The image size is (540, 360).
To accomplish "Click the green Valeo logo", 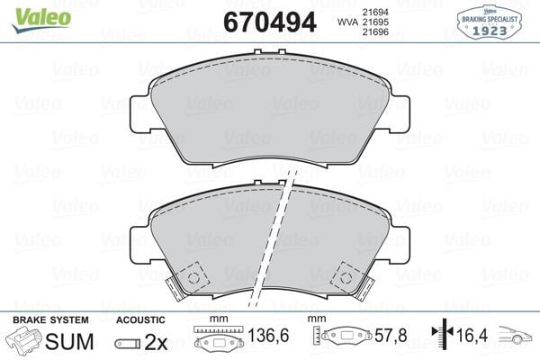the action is tap(41, 20).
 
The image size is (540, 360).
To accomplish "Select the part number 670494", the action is tap(270, 22).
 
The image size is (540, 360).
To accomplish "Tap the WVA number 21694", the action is tap(375, 12).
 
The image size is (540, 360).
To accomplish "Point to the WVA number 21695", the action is tap(375, 22).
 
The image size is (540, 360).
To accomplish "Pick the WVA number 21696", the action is tap(375, 32).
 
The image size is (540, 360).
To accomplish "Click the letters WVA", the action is tap(348, 22).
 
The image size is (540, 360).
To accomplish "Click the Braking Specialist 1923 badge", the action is tap(490, 22).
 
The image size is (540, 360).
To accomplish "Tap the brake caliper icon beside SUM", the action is tap(23, 339).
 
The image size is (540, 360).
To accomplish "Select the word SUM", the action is tap(69, 341).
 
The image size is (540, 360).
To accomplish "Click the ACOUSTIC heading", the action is tap(140, 320).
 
